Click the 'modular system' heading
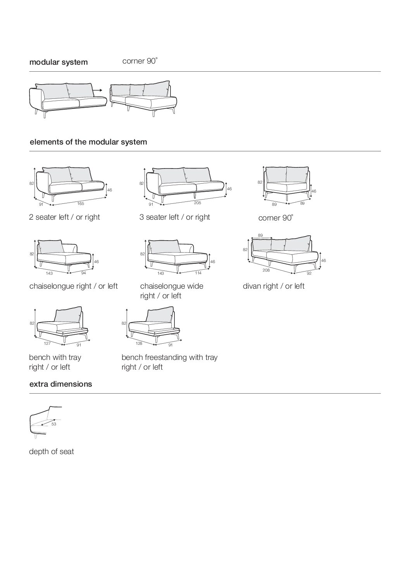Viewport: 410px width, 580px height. click(x=59, y=62)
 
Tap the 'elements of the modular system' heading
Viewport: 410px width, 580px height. click(x=88, y=142)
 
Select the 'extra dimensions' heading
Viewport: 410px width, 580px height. click(x=61, y=384)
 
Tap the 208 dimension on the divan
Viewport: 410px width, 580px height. click(x=266, y=270)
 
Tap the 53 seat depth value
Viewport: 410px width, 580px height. click(x=54, y=424)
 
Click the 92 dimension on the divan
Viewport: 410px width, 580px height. click(x=309, y=273)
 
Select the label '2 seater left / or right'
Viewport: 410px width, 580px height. click(x=64, y=217)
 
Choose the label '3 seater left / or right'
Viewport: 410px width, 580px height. click(x=175, y=217)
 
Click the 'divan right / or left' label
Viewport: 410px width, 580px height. click(x=274, y=286)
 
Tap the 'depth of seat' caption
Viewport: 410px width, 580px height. click(x=52, y=451)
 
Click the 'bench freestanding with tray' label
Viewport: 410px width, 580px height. click(x=169, y=357)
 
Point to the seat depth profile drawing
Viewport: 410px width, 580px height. click(x=45, y=422)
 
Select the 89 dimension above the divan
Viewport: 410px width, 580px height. click(x=260, y=235)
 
